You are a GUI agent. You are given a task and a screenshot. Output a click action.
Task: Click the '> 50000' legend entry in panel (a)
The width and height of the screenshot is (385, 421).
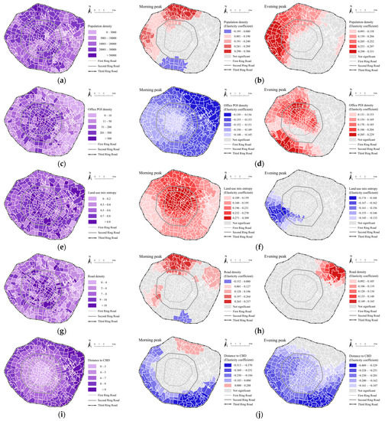click(x=107, y=55)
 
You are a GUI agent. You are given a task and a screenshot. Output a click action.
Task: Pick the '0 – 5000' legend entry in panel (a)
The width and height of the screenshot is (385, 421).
click(x=107, y=33)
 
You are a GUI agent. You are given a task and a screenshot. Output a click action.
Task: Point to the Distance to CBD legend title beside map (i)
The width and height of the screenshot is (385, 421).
click(x=102, y=362)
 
